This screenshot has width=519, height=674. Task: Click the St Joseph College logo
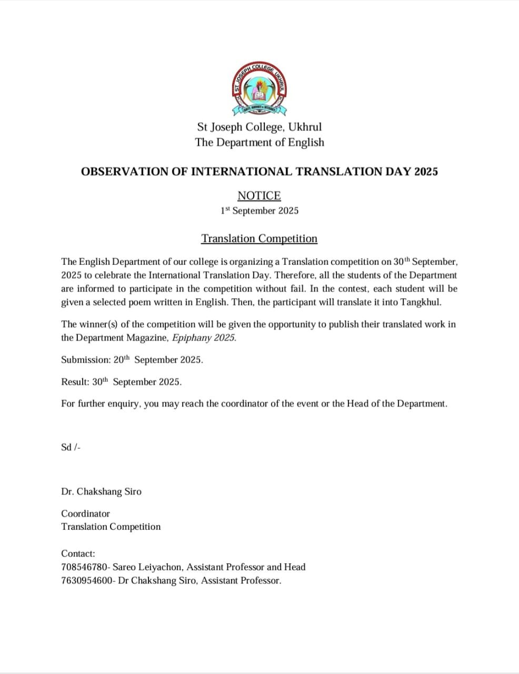point(259,90)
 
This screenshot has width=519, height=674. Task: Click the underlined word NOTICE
point(259,196)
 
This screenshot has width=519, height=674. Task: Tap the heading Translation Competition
point(259,239)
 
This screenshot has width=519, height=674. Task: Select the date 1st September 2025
point(259,211)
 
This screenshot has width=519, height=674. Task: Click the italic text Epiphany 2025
point(204,338)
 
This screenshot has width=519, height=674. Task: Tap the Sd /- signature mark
point(71,447)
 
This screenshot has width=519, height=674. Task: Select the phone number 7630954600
point(86,580)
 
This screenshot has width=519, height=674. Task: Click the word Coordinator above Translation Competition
point(85,513)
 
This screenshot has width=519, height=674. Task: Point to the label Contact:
point(78,553)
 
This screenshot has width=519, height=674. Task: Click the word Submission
point(85,360)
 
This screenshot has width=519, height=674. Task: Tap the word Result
point(74,382)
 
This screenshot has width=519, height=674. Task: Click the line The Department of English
point(259,142)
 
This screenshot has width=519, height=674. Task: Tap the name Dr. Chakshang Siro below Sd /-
point(101,491)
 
